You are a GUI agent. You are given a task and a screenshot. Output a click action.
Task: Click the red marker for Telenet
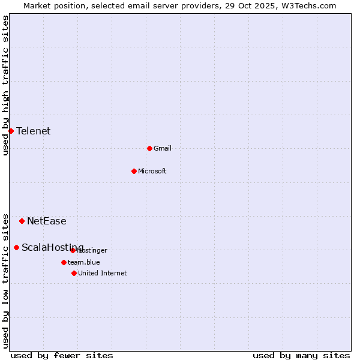(11, 131)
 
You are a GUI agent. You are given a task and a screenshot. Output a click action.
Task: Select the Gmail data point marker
(149, 148)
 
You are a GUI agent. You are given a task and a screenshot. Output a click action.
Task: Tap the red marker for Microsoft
(134, 171)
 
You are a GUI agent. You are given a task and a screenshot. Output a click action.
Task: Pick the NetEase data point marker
(22, 221)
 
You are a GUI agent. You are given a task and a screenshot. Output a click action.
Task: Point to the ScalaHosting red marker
(16, 247)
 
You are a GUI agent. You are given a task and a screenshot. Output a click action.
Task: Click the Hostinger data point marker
(73, 250)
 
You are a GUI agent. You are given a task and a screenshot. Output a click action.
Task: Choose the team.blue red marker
(64, 262)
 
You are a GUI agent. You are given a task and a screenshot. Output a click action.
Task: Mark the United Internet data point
(74, 273)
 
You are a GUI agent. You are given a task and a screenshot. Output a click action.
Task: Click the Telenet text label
(33, 131)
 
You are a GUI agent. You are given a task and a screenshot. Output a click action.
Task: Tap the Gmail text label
(163, 149)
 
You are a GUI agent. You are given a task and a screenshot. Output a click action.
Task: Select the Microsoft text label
(152, 172)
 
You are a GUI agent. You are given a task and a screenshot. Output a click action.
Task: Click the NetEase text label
(47, 221)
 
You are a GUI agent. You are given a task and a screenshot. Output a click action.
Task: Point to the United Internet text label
(103, 274)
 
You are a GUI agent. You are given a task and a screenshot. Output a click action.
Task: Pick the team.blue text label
(84, 263)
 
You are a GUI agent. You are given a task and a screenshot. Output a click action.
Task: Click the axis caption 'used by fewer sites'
(62, 356)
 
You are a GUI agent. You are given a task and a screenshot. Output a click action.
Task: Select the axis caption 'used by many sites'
(301, 356)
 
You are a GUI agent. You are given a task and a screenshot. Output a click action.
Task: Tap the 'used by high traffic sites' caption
(5, 85)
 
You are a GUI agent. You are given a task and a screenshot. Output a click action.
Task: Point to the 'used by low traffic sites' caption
(5, 281)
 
